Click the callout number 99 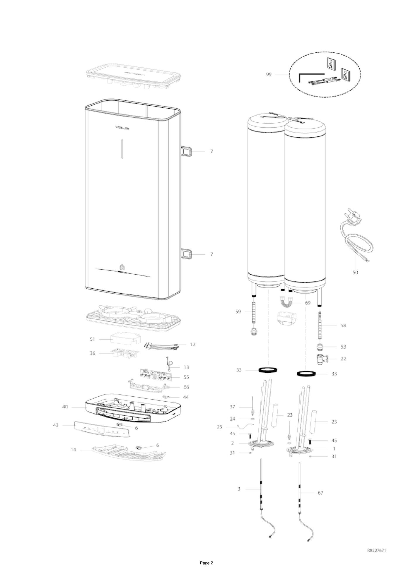(269, 74)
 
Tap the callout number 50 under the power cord (355, 273)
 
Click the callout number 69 (308, 303)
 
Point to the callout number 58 (343, 325)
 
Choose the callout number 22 (343, 359)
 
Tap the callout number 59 (238, 311)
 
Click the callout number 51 (93, 339)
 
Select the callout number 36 (93, 353)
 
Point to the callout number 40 (65, 407)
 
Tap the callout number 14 (74, 449)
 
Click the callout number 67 (320, 493)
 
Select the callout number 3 (239, 489)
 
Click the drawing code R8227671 (376, 550)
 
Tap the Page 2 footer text (206, 563)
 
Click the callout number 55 (186, 377)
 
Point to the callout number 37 (232, 407)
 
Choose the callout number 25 (219, 427)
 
